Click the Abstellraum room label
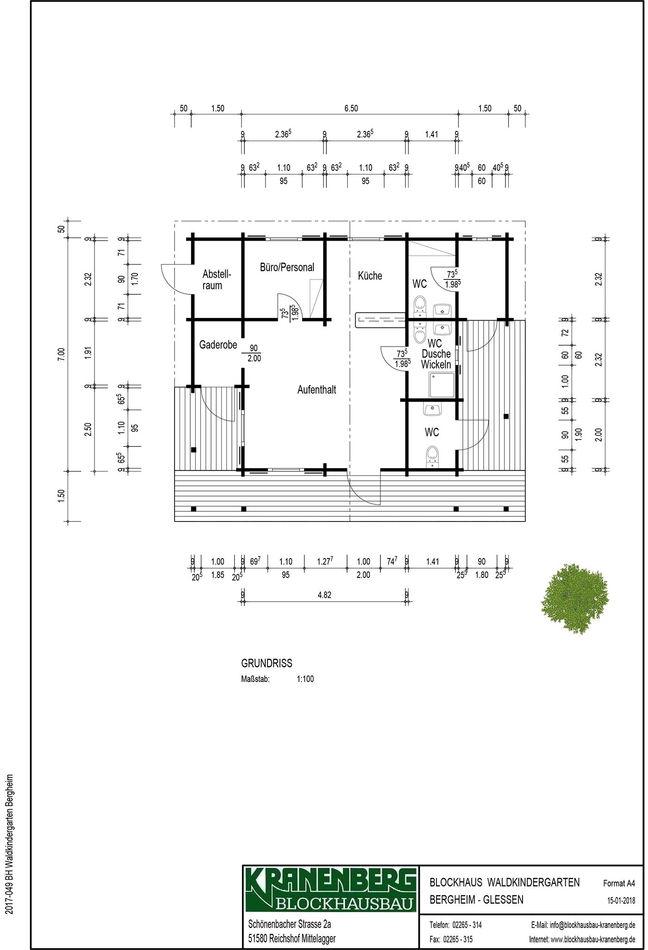coord(216,280)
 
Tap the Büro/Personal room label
coord(287,267)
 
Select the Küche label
coord(370,276)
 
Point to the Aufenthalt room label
coord(317,390)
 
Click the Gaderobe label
coord(218,345)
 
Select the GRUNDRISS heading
coord(267,663)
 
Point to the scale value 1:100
coord(305,679)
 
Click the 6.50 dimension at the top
coord(351,109)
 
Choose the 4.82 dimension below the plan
coord(324,596)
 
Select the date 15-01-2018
coord(621,900)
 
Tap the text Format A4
coord(619,883)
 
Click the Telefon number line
coord(456,925)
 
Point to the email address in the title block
coord(583,925)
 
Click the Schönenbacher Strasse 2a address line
coord(290,924)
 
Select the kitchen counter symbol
coord(380,320)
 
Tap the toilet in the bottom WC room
coord(432,454)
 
